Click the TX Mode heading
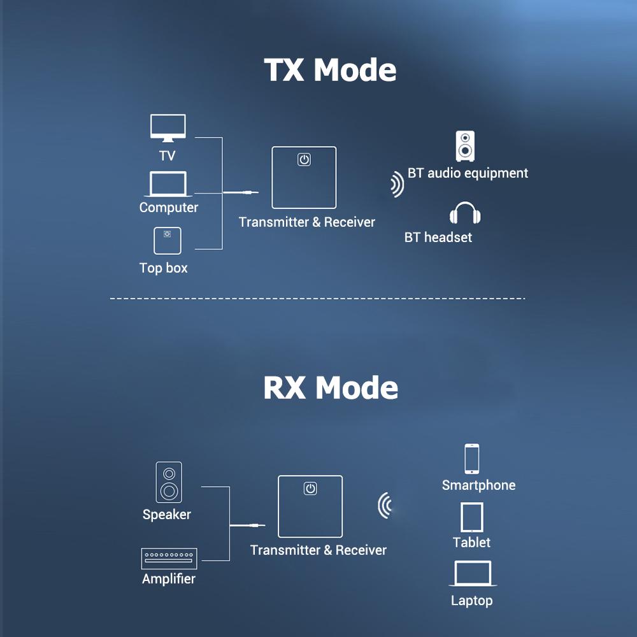pos(330,70)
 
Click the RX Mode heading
pos(331,387)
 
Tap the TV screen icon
pos(168,127)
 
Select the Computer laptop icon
pos(168,184)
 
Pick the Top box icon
pos(167,241)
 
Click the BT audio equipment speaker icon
pos(465,147)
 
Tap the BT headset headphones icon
pos(464,214)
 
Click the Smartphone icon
pos(472,459)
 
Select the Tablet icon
pos(472,517)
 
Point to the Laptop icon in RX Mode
pos(472,574)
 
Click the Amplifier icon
pos(169,558)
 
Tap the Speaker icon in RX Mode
pos(169,482)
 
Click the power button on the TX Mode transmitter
pos(304,160)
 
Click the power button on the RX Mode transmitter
pos(310,489)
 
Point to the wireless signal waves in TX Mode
pos(397,185)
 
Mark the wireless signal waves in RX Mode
pos(384,506)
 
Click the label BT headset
pos(438,238)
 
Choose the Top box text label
pos(164,268)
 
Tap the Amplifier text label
pos(169,579)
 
